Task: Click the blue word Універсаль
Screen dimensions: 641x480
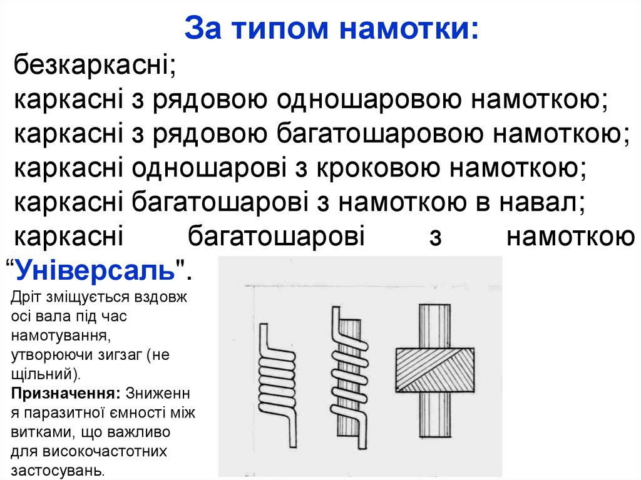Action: coord(94,270)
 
